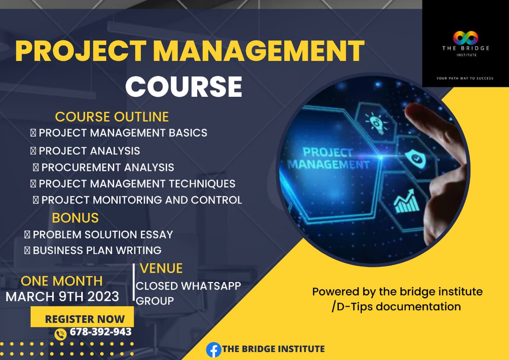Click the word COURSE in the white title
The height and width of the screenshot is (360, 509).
pos(183,86)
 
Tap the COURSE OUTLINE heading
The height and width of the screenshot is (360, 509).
pos(112,117)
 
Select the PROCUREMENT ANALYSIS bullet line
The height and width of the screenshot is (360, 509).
pos(107,167)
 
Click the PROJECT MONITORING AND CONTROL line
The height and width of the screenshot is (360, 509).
pos(141,200)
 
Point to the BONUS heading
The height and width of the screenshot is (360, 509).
pos(75,218)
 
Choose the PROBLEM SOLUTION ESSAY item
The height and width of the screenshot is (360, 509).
pos(103,234)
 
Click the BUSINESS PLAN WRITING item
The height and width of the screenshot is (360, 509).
pos(97,250)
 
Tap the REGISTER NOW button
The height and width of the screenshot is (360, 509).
pos(85,319)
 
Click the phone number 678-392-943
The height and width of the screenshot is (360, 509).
pos(101,332)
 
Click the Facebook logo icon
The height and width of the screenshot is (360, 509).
pos(213,349)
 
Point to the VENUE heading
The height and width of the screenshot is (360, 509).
pos(161,268)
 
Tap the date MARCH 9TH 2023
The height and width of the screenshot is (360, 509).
pos(62,296)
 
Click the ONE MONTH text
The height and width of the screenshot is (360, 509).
pos(62,281)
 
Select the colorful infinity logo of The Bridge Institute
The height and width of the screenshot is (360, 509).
pos(465,38)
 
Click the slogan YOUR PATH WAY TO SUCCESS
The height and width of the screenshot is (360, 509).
pos(465,78)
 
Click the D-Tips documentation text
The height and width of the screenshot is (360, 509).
pos(398,307)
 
